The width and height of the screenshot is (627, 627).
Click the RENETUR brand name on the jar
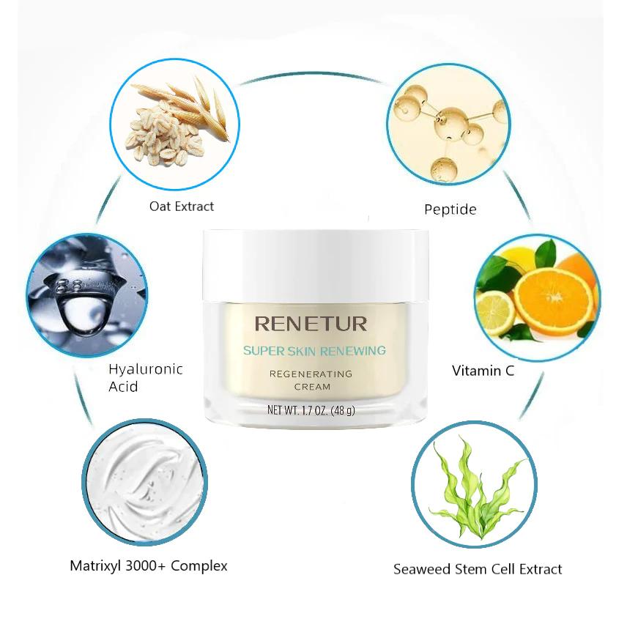[x=311, y=324]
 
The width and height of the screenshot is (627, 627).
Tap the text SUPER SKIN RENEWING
[x=314, y=351]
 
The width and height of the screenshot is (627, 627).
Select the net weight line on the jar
[x=311, y=410]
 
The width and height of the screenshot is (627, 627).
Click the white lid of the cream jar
[x=316, y=265]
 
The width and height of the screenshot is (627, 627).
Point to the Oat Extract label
[x=182, y=207]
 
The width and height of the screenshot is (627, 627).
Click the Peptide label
[x=450, y=209]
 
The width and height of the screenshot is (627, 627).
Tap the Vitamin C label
[x=483, y=371]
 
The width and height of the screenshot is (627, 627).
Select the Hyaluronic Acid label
[x=146, y=377]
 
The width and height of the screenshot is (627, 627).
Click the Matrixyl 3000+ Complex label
[x=149, y=565]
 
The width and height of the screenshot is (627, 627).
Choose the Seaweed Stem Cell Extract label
[x=478, y=569]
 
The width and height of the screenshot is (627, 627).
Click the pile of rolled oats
[x=165, y=134]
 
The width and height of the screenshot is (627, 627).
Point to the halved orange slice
[x=554, y=297]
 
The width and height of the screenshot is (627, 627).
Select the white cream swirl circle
[x=144, y=481]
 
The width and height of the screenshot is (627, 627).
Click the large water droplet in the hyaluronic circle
[x=80, y=310]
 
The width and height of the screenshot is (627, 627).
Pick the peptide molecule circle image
[x=449, y=125]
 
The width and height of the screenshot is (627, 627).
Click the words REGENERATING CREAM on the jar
[x=311, y=380]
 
